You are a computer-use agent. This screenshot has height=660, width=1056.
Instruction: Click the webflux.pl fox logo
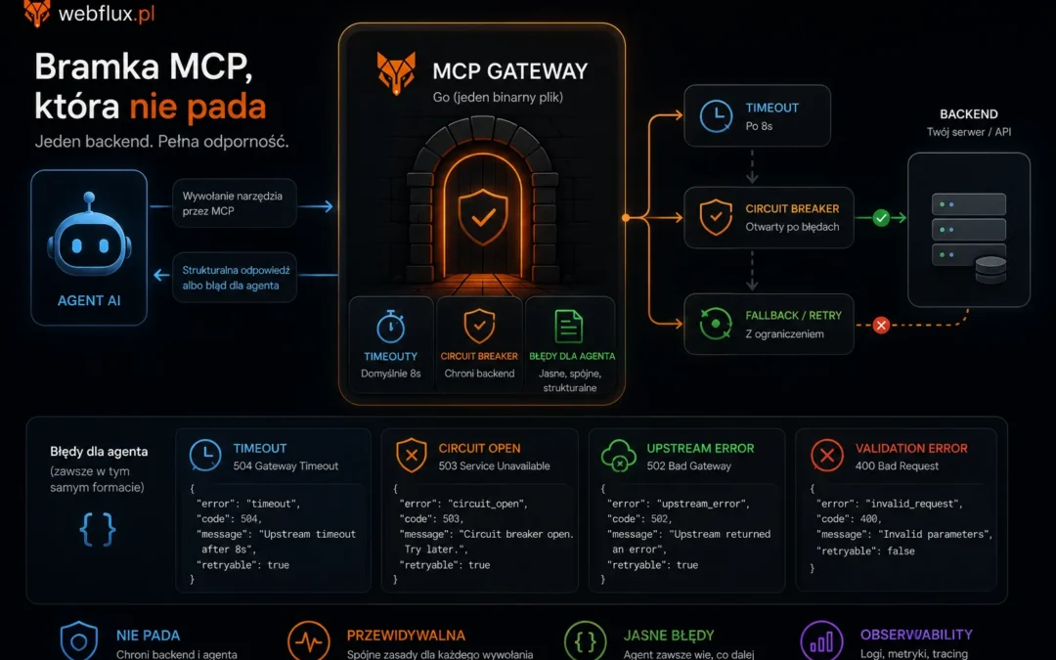click(x=36, y=13)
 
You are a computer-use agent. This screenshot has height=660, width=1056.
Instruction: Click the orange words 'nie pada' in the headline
click(x=198, y=107)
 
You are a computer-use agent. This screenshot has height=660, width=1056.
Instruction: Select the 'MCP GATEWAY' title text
click(x=509, y=70)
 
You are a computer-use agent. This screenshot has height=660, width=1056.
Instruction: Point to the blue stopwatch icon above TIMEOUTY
click(x=390, y=327)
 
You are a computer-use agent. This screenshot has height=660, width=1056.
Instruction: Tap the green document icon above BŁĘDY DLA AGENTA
click(x=569, y=327)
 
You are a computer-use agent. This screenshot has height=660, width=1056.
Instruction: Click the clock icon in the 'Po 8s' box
click(x=716, y=116)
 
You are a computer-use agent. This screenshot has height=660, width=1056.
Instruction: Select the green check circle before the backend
click(x=881, y=217)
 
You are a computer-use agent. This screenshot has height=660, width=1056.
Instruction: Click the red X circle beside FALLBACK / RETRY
click(x=881, y=326)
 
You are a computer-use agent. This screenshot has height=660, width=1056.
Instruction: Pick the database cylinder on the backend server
click(x=990, y=270)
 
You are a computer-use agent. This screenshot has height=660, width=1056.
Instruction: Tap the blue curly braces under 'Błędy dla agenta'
click(x=98, y=529)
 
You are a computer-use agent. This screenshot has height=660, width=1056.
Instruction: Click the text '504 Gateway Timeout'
click(x=286, y=466)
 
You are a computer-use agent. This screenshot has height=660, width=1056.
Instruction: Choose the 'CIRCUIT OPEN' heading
click(x=479, y=449)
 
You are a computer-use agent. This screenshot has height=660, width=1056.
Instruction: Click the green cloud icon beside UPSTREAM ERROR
click(x=618, y=456)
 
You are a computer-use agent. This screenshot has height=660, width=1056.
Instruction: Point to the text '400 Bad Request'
click(x=897, y=466)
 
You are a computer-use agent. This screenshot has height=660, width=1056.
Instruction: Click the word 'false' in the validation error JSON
click(x=902, y=550)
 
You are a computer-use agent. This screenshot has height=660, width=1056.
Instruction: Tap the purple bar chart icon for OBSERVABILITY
click(x=821, y=640)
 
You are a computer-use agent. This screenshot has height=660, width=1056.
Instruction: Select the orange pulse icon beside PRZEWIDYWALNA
click(x=308, y=640)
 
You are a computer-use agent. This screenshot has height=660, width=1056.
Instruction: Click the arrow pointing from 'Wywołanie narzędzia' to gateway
click(x=315, y=206)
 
